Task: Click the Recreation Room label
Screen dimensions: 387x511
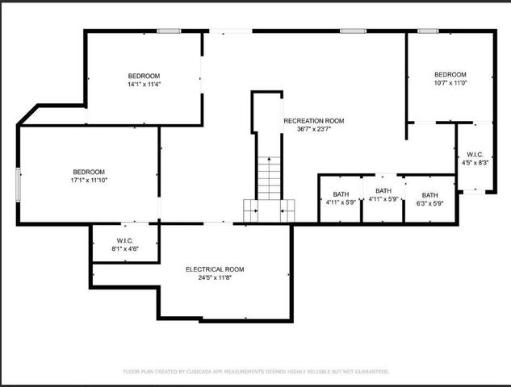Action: [x=313, y=121]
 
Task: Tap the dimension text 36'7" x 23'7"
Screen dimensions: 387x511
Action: [x=313, y=129]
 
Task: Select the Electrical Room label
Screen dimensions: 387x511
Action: [x=215, y=269]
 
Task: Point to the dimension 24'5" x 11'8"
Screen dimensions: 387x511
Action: [x=215, y=277]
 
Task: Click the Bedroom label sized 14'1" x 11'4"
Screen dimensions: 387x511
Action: [x=144, y=76]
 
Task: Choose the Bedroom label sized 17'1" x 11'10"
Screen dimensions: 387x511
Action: [x=89, y=172]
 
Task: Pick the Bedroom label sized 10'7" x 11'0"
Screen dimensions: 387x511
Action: [x=450, y=74]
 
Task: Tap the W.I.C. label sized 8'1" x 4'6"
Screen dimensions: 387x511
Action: [x=124, y=241]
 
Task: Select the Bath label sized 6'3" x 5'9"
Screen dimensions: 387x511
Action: [x=429, y=195]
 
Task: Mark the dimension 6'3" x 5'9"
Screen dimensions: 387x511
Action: [x=429, y=203]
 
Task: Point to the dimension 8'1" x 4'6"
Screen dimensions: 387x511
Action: [x=124, y=249]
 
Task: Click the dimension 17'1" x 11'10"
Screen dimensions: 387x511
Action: [x=89, y=180]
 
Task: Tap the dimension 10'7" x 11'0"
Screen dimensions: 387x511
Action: [x=450, y=82]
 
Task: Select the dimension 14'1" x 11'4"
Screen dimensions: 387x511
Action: [x=144, y=84]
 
